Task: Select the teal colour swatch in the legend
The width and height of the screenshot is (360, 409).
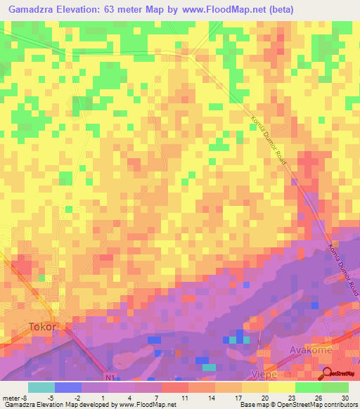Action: point(41,387)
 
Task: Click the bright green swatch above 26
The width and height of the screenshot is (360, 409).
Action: point(309,387)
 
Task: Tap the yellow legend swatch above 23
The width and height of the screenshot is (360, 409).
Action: point(282,387)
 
